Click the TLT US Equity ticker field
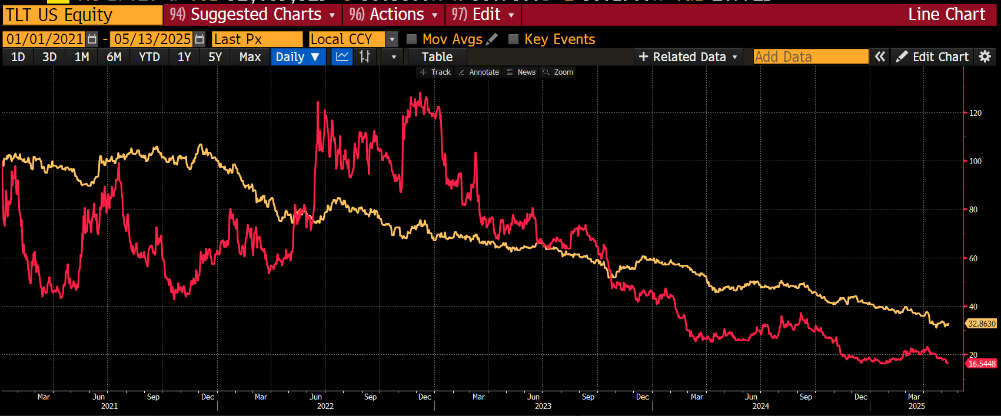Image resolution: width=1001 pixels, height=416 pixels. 82,15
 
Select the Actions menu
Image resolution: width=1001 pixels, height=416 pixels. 394,15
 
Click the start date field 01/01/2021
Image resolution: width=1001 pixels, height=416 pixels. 45,39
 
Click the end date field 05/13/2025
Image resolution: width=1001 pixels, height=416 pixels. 152,39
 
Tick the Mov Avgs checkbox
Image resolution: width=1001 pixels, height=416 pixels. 412,39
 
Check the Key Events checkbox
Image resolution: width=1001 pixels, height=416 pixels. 514,39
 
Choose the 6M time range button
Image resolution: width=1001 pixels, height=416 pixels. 114,57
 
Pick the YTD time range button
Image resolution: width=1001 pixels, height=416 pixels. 149,57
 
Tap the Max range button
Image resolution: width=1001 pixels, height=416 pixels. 250,57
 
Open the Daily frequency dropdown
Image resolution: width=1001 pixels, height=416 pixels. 298,57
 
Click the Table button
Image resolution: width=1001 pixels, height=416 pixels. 437,57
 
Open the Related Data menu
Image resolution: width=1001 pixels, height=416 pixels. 688,57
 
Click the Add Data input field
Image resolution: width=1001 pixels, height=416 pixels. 810,57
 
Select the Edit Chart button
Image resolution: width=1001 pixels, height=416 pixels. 932,57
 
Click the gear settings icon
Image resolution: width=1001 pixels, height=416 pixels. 985,56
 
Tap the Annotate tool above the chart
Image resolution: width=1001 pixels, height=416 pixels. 479,72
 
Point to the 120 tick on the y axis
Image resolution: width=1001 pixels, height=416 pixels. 975,113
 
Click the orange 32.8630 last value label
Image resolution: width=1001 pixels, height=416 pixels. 982,324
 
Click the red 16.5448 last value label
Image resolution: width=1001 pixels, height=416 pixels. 982,364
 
